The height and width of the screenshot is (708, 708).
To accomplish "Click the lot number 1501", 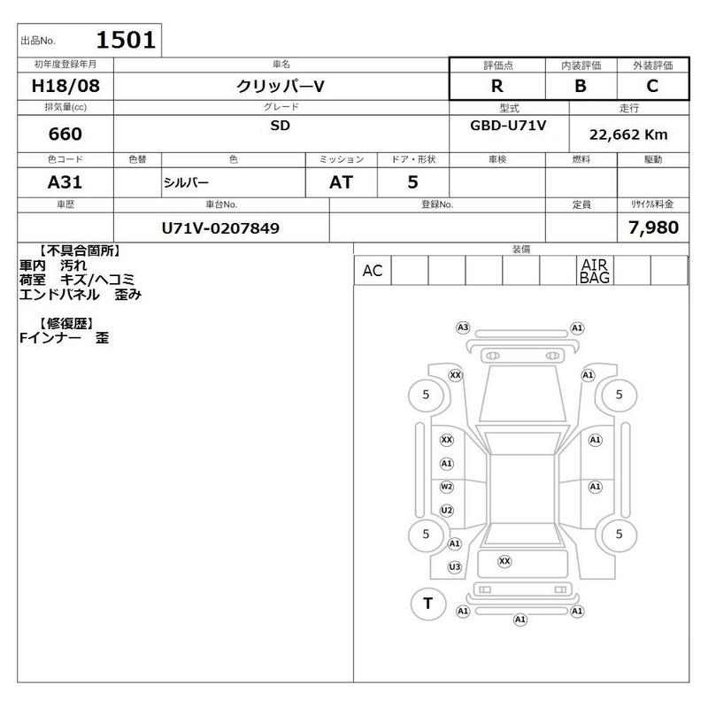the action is click(126, 40).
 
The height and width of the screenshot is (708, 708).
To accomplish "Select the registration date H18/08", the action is click(65, 86).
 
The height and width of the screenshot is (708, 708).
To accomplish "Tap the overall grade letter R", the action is click(497, 86).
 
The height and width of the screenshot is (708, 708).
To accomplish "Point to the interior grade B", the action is click(581, 86).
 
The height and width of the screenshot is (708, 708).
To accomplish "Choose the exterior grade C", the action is click(652, 86).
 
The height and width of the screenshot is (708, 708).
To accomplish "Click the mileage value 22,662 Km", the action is click(628, 135).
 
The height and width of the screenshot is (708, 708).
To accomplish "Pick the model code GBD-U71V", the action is click(508, 125).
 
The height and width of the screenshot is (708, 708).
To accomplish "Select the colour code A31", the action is click(65, 182).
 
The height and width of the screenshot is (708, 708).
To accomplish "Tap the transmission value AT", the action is click(341, 182).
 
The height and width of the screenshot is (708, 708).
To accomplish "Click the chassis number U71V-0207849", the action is click(220, 228).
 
